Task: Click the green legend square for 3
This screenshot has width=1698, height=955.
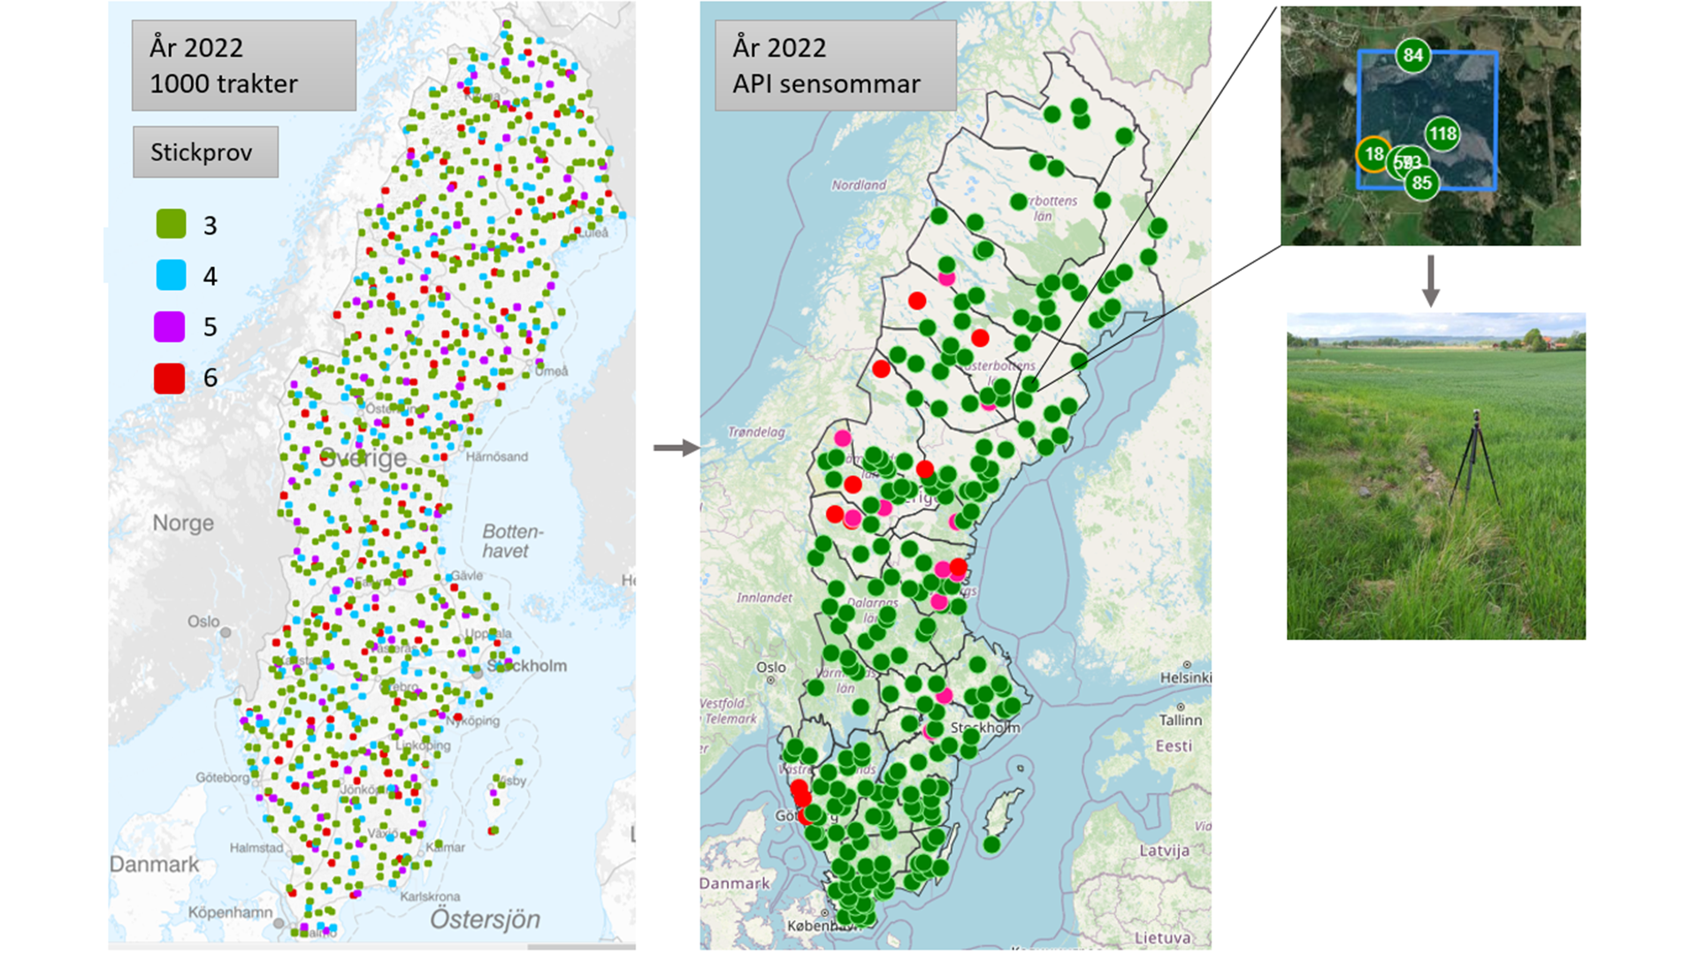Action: click(x=171, y=224)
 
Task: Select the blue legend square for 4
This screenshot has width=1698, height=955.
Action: click(x=171, y=275)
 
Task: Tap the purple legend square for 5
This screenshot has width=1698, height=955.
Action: click(x=170, y=326)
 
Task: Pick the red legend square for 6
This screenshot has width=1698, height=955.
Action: click(x=170, y=378)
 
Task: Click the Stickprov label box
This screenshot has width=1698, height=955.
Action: click(x=205, y=152)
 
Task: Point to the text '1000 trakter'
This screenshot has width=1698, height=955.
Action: click(x=224, y=84)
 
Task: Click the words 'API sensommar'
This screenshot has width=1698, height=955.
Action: click(x=826, y=84)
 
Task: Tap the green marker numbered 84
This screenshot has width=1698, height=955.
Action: click(x=1412, y=56)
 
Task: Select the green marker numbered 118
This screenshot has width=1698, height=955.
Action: click(x=1442, y=134)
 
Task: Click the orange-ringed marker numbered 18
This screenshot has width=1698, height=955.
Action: click(x=1373, y=155)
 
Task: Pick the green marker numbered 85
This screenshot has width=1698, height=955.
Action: click(x=1421, y=183)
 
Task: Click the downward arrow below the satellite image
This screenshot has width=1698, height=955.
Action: click(x=1430, y=281)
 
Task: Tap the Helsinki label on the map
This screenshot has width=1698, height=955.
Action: click(x=1185, y=677)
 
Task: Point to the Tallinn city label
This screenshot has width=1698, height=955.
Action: click(x=1180, y=720)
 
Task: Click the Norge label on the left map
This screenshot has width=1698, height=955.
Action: click(x=183, y=523)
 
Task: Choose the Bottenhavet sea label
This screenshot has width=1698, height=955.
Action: click(x=511, y=541)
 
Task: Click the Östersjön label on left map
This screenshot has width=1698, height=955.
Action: click(x=485, y=920)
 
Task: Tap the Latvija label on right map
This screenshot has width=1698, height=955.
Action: click(x=1164, y=851)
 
